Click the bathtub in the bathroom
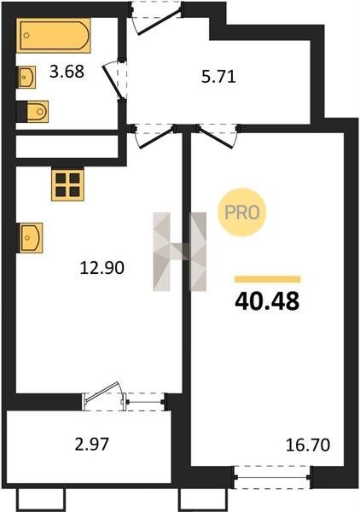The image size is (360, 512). [54, 35]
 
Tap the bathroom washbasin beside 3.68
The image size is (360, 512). [26, 78]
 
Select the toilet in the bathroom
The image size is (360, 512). [32, 111]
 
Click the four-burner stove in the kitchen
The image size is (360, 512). [67, 185]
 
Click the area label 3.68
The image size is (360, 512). [67, 72]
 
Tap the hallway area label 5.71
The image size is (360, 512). [218, 77]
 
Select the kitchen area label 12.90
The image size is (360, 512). [102, 268]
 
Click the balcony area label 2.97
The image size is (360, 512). [92, 444]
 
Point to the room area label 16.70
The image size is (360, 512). [308, 445]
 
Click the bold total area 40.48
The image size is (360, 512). [267, 301]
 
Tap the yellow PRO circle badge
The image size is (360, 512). [242, 212]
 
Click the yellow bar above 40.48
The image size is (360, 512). [268, 279]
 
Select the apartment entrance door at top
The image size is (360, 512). [157, 20]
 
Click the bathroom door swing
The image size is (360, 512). [114, 80]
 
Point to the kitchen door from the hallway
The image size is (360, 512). [154, 137]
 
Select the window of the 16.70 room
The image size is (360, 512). [272, 477]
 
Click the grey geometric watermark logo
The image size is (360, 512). [180, 252]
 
